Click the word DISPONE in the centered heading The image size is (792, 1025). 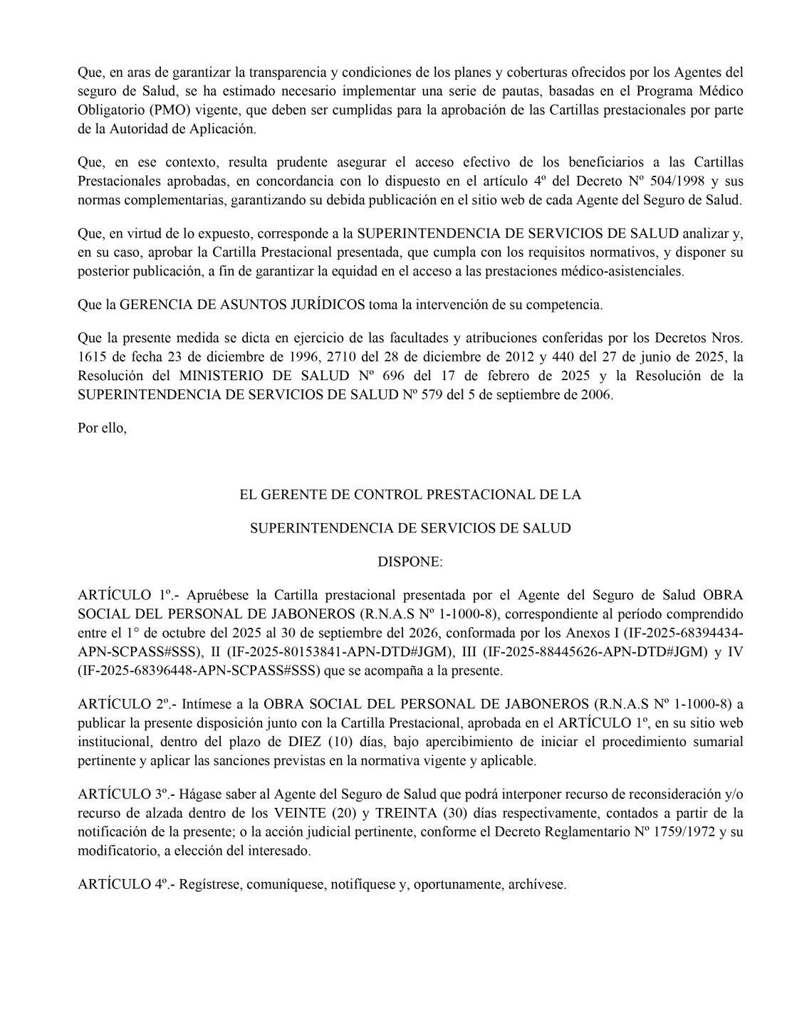click(409, 562)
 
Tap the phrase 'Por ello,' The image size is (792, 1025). click(102, 429)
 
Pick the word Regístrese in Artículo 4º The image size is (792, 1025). click(212, 885)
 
